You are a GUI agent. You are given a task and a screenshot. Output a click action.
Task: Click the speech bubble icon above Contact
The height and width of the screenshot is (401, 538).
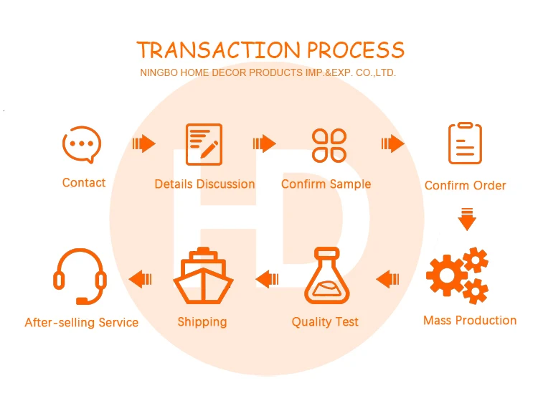click(x=82, y=144)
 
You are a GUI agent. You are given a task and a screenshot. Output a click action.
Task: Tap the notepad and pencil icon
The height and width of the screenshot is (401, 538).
click(x=204, y=144)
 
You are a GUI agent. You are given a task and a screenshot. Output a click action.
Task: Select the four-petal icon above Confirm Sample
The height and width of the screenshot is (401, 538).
click(x=329, y=145)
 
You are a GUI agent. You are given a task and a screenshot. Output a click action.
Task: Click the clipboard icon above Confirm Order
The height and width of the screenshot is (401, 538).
click(x=465, y=143)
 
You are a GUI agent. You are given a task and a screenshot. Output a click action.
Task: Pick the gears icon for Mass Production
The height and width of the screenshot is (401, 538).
click(x=458, y=274)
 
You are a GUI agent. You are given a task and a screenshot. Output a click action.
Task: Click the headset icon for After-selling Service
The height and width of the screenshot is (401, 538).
click(x=80, y=276)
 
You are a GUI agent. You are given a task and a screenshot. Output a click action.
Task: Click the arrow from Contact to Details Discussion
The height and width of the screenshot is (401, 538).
click(x=144, y=143)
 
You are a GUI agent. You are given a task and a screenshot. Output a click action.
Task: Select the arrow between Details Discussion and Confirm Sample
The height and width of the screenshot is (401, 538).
click(x=265, y=143)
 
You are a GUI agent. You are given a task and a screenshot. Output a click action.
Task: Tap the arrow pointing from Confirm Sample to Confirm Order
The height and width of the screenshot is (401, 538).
click(x=392, y=143)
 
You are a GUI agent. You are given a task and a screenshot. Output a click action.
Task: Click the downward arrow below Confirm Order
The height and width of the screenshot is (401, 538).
click(x=467, y=218)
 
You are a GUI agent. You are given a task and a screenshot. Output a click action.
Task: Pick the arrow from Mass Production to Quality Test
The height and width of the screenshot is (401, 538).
click(x=388, y=278)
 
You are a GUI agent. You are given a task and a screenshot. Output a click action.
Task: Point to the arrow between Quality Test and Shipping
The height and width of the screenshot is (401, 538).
click(x=267, y=278)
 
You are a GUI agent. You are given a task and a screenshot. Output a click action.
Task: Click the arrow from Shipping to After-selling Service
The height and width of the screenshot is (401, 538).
click(x=140, y=278)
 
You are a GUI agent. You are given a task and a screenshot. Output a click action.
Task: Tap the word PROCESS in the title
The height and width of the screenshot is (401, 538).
click(x=356, y=50)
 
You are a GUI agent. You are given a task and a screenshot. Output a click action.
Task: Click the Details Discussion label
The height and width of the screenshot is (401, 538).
click(x=204, y=184)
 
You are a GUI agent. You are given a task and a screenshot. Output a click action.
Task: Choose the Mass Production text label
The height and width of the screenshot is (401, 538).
click(x=470, y=321)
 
